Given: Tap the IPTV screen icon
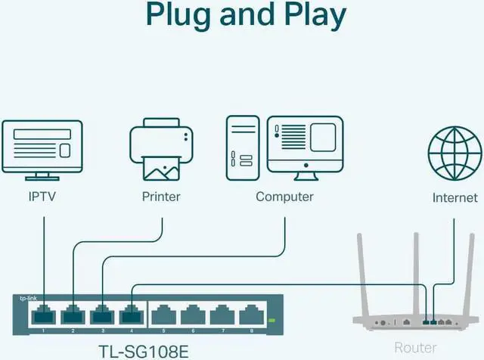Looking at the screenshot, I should (43, 148).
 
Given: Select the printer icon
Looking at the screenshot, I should (161, 152).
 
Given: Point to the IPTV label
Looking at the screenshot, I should (42, 197).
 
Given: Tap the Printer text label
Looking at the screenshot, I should (161, 197).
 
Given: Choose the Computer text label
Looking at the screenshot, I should (284, 197).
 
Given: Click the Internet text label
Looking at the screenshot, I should (455, 197).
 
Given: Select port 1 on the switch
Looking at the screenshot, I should (42, 313).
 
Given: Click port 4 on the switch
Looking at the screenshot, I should (132, 313).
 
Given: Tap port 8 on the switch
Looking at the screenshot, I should (250, 313).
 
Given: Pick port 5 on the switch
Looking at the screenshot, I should (163, 313).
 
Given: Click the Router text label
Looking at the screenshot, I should (415, 348).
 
